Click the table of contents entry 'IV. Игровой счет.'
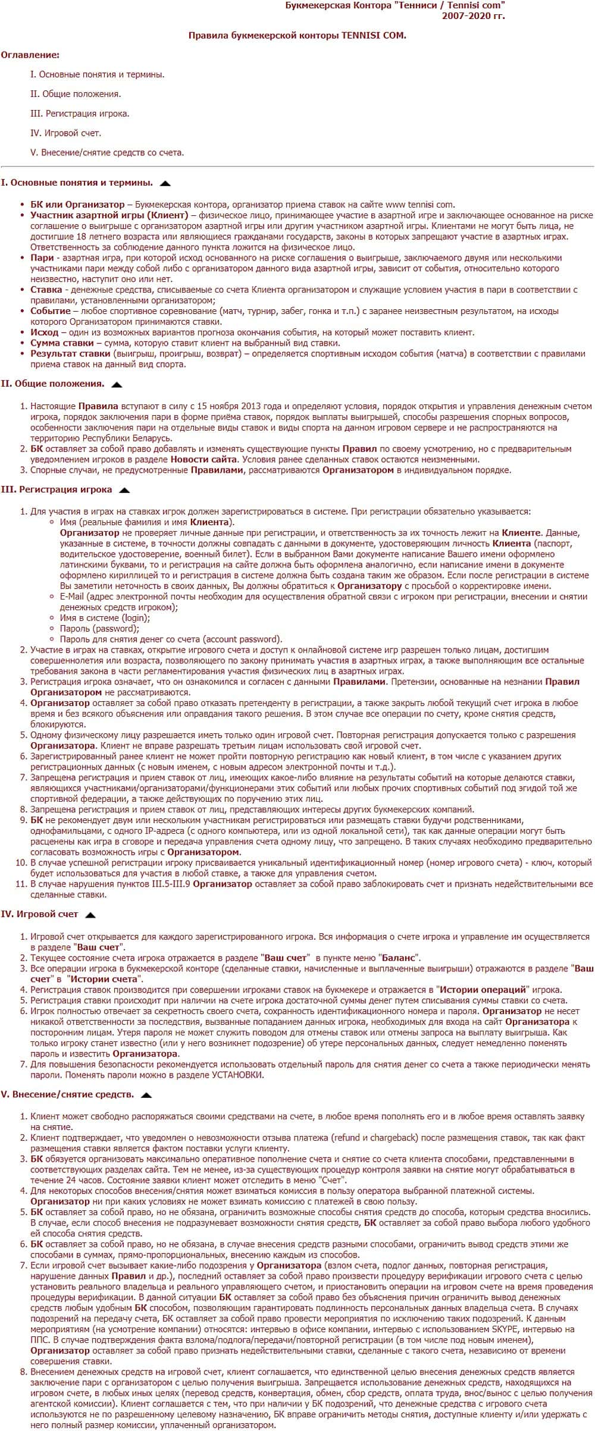point(65,133)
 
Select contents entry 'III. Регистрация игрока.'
point(80,114)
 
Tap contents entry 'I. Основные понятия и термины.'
point(97,75)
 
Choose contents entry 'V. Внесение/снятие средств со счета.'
point(107,153)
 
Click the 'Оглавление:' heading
point(30,55)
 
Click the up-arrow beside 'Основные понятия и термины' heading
point(165,184)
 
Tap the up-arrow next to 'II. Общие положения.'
point(117,385)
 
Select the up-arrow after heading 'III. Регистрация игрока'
point(124,491)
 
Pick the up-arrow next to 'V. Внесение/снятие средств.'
point(146,1095)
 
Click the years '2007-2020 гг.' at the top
point(473,16)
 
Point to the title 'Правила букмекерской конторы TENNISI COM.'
point(297,36)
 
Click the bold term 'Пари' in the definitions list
point(42,258)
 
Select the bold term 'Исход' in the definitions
point(45,332)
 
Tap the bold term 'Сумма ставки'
point(62,343)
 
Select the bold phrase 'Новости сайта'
point(204,460)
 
